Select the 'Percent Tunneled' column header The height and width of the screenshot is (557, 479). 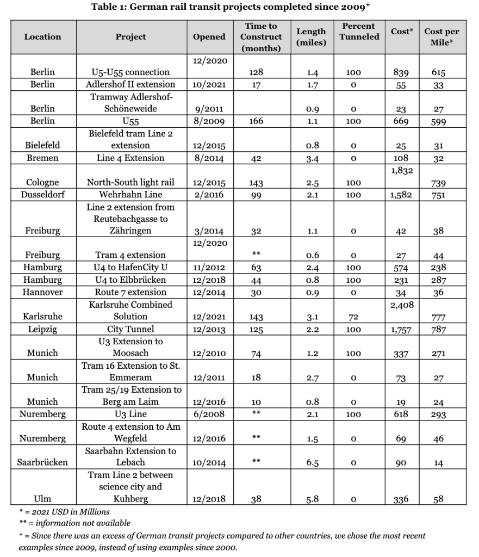358,31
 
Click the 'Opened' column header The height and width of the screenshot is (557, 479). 209,37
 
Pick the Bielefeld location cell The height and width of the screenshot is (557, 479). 42,146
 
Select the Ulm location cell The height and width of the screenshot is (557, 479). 42,499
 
